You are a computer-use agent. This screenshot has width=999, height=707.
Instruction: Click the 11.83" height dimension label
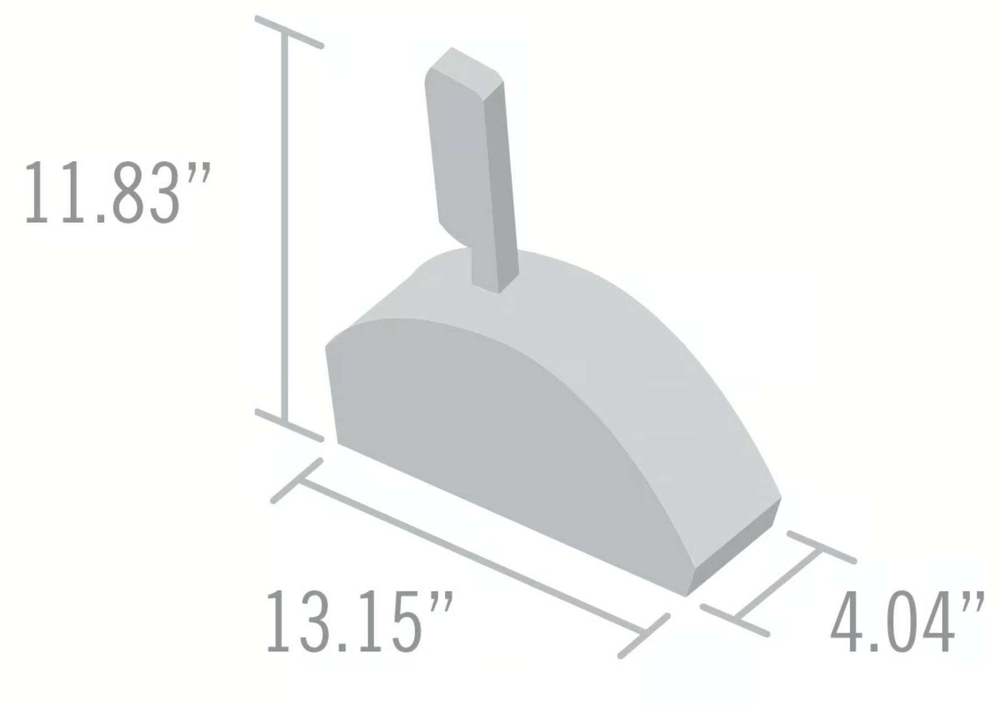pos(118,193)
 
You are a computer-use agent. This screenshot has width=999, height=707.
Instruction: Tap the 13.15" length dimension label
pos(360,621)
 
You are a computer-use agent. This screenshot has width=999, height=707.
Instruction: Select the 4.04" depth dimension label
pos(907,621)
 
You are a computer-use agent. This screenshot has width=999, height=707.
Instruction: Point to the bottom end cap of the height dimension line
pos(289,425)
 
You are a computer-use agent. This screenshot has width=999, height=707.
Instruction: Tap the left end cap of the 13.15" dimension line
pos(297,481)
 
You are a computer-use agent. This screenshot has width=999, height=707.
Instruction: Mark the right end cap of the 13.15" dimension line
pos(644,636)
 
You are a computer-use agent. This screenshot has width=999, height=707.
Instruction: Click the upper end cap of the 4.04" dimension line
pos(821,547)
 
